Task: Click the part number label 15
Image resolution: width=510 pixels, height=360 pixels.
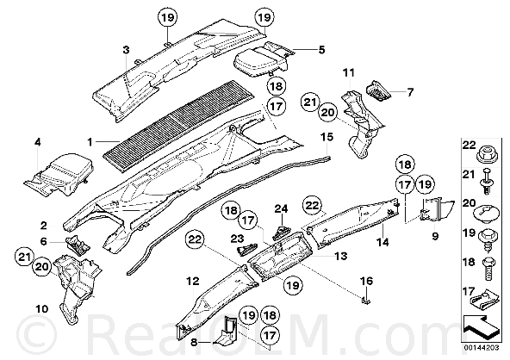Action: coord(327,137)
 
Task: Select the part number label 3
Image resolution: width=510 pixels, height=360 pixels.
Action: coord(126,50)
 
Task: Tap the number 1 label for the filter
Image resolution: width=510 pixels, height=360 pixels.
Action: coord(90,142)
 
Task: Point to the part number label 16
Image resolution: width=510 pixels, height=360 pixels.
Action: coord(367,281)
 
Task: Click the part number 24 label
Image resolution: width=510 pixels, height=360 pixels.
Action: coord(282,208)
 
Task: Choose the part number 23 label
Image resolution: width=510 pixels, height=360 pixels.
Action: coord(238,239)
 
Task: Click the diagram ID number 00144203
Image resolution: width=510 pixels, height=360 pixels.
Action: coord(482,348)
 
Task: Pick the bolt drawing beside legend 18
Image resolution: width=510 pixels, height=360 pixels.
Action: coord(488,269)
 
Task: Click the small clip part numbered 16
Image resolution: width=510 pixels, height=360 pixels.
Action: coord(366,300)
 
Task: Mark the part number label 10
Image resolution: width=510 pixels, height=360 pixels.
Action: coord(42,308)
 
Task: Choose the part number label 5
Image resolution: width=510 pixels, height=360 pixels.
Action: coord(321,50)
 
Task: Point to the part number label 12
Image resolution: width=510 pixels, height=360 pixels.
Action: coord(193,281)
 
